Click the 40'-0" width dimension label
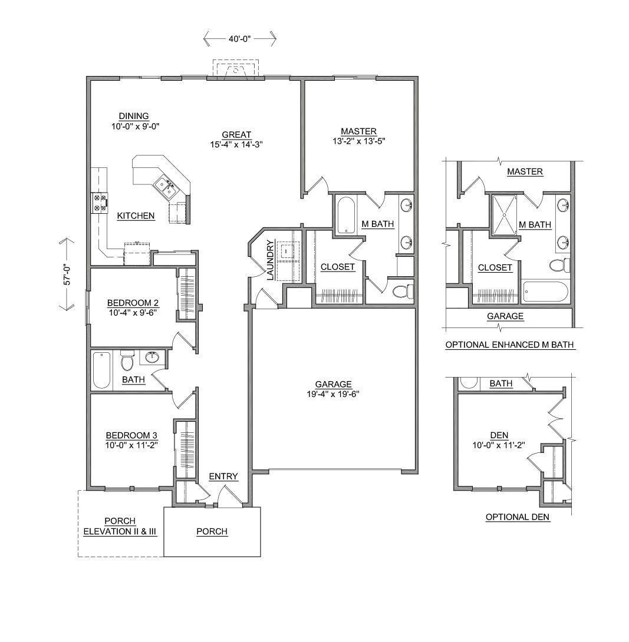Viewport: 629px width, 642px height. tap(239, 39)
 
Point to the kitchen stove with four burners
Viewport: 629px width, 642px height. tap(99, 203)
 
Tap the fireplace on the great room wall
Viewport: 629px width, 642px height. tap(236, 70)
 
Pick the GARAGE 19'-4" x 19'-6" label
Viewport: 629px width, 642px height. tap(333, 389)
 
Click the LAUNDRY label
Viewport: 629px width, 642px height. tap(270, 260)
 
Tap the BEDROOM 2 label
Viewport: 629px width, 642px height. tap(133, 303)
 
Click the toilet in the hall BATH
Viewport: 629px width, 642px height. tap(127, 359)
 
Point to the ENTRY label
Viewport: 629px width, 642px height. tap(223, 476)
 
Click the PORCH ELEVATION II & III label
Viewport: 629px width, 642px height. tap(120, 526)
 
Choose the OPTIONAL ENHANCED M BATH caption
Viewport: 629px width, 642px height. tap(510, 345)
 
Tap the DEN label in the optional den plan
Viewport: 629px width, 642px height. tap(499, 435)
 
